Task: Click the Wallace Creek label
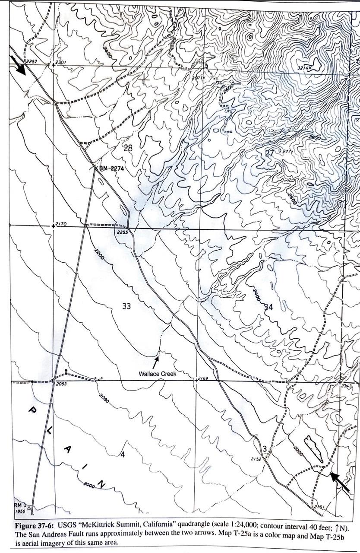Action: [157, 374]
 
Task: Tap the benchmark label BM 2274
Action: [111, 168]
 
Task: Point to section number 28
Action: [128, 148]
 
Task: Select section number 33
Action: [126, 306]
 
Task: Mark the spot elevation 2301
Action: [61, 62]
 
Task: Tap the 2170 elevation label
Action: [60, 224]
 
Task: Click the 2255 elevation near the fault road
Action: [123, 232]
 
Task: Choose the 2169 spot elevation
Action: [202, 378]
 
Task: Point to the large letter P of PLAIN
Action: [32, 410]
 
